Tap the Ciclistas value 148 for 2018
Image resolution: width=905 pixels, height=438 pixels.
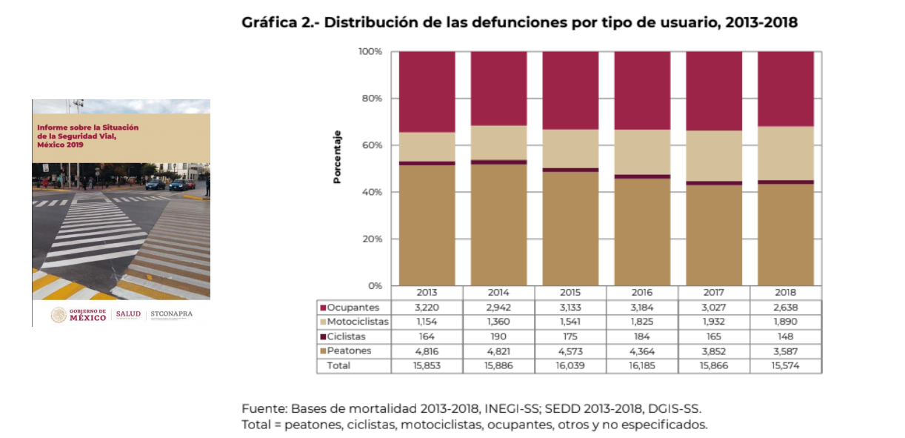(786, 336)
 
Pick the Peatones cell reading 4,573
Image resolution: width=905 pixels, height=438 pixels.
(570, 351)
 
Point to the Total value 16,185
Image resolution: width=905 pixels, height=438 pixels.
(642, 365)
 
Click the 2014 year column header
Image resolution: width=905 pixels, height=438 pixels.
(498, 293)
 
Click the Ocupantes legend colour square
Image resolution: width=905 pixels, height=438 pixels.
(323, 308)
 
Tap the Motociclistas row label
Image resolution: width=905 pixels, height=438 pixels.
(358, 322)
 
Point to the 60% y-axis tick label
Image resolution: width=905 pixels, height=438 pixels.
(370, 145)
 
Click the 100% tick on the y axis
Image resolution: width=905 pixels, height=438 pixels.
(370, 52)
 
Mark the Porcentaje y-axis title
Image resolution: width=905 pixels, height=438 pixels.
(338, 157)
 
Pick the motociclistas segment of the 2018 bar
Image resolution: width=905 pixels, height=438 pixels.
(786, 153)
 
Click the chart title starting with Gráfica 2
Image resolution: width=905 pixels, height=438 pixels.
(519, 22)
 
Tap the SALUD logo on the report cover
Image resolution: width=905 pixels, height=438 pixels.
(127, 314)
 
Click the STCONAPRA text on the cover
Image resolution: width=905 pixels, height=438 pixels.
(171, 314)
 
